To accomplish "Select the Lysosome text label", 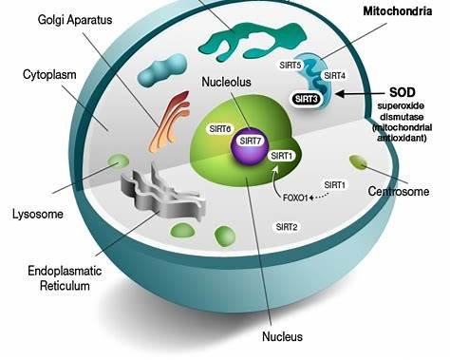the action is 38,214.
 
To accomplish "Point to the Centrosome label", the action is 399,192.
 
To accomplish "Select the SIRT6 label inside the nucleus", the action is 219,128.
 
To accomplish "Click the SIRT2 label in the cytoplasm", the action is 286,226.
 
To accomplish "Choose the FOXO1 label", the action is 297,199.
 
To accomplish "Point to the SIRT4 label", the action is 334,74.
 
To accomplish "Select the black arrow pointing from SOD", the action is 362,92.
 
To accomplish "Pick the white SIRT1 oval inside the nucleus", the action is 282,156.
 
